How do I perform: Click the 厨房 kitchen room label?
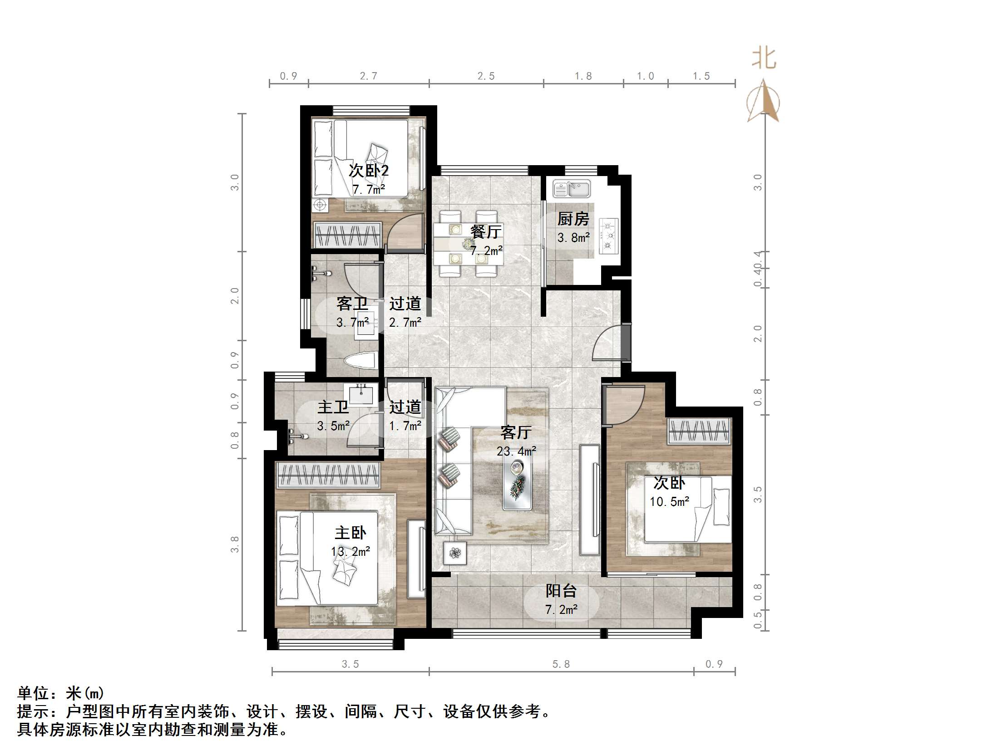573,219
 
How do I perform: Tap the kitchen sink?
572,188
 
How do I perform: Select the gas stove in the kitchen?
609,236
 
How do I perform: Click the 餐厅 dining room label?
486,232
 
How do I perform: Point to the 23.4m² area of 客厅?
516,451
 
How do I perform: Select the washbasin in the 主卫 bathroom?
360,394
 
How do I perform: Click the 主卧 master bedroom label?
350,533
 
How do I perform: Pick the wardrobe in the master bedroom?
328,475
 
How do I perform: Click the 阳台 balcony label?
561,591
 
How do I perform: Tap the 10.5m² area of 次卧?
669,501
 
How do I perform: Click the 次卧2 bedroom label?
368,171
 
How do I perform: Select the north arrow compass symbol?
764,101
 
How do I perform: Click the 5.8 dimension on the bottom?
561,664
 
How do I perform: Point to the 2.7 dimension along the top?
368,76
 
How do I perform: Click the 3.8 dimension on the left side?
234,544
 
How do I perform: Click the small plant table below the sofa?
455,553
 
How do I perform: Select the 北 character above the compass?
764,59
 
